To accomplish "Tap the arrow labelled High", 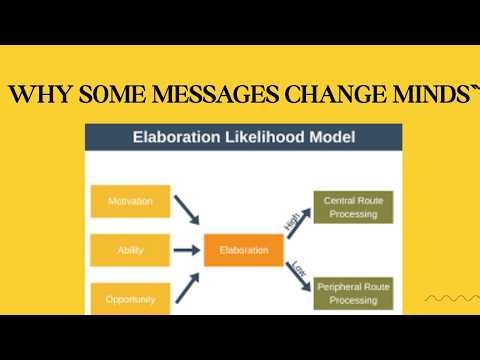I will [x=291, y=224].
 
